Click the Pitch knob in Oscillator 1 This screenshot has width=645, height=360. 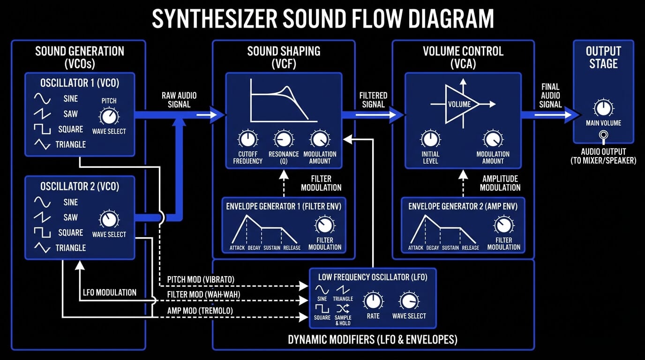tap(109, 115)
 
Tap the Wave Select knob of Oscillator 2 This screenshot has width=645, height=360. tap(109, 218)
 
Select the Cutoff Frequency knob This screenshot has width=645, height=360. tap(247, 139)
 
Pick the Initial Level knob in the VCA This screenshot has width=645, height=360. tap(430, 139)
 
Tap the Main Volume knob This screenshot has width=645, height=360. tap(603, 108)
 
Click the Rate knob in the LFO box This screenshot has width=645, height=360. tap(373, 300)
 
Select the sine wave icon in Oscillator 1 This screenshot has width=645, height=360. tap(42, 99)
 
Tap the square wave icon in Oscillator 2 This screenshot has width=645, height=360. tap(42, 232)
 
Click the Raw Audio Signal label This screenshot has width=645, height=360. tap(179, 100)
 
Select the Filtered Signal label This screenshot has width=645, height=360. tap(373, 100)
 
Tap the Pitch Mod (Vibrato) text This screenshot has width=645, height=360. tap(201, 280)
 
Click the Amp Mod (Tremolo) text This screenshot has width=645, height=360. tap(200, 311)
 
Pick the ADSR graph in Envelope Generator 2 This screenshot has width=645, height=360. tap(443, 230)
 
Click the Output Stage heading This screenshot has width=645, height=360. tap(603, 57)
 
